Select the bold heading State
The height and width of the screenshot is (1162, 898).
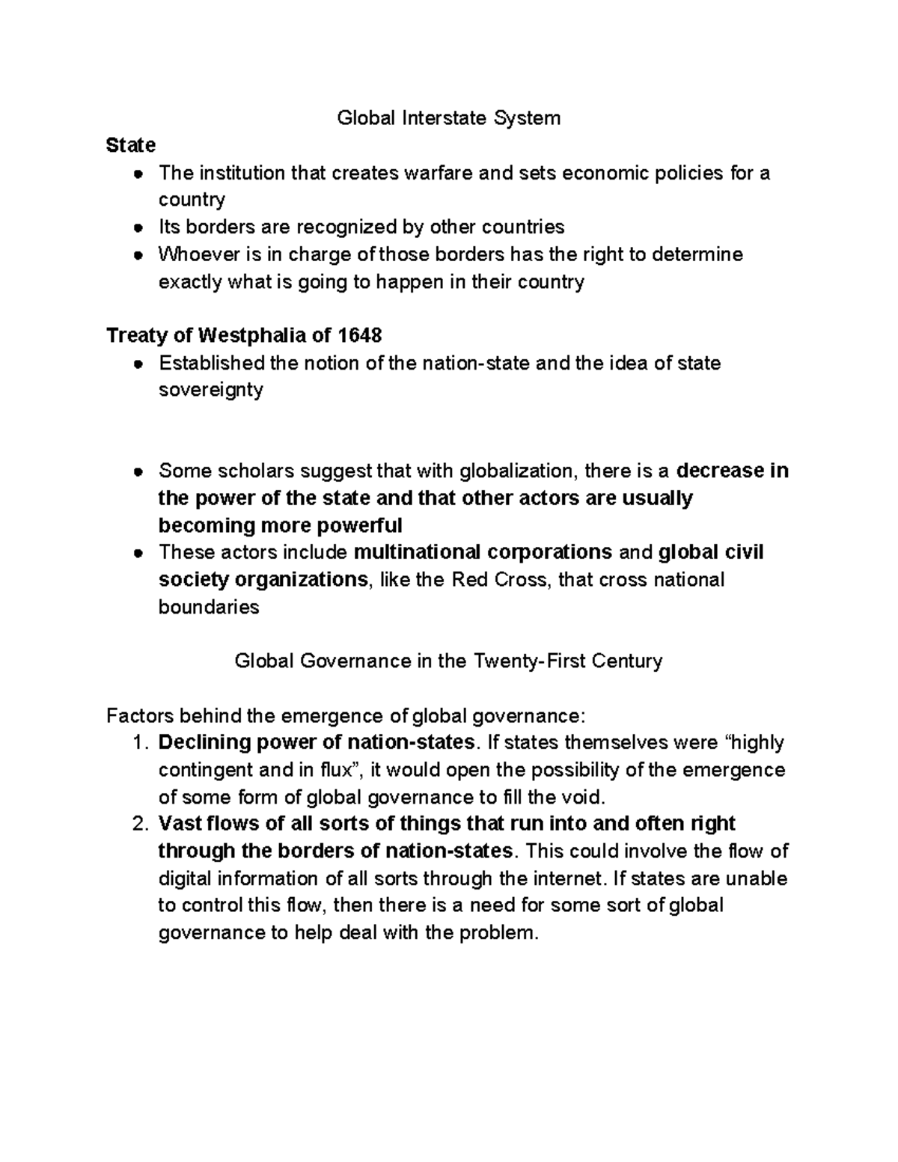131,144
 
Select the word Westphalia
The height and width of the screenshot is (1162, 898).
251,334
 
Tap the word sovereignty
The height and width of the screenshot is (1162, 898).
210,390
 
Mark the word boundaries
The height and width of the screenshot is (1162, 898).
208,607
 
